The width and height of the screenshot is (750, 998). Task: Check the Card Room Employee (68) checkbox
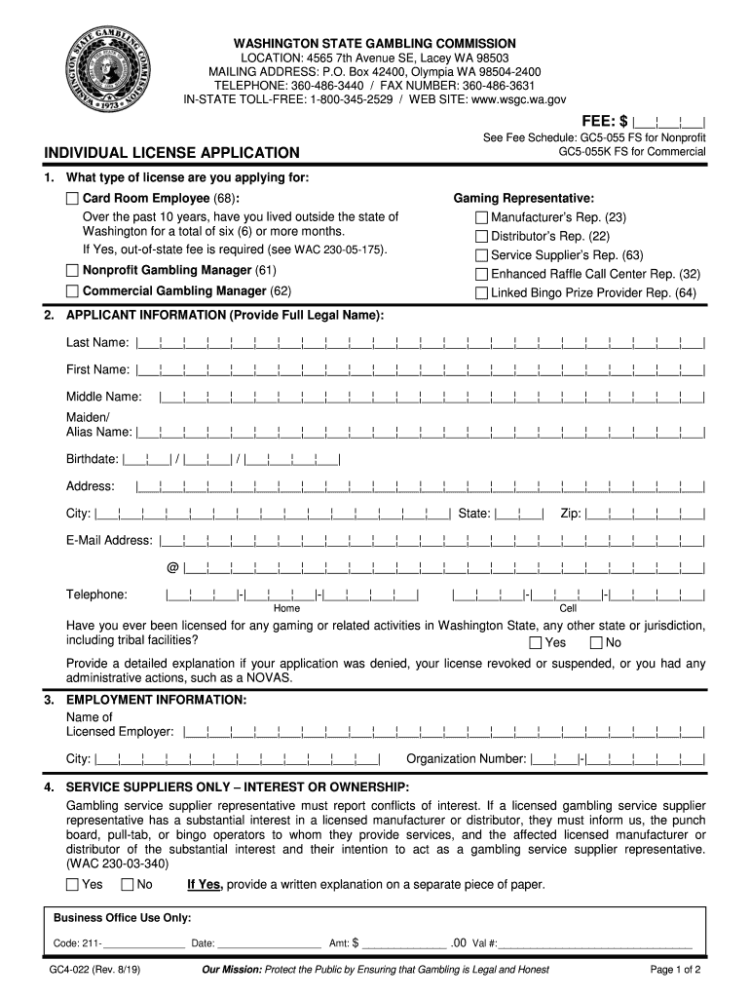72,199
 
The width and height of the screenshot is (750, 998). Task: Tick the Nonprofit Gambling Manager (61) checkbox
72,270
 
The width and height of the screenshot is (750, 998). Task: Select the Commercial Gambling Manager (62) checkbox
72,291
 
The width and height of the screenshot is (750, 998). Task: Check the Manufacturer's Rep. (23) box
481,217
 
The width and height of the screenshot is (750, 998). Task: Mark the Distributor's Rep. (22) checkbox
481,236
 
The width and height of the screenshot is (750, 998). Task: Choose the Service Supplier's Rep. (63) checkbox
481,255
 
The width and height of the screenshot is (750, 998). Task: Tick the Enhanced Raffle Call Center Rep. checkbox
481,274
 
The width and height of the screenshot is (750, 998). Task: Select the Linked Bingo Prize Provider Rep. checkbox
481,292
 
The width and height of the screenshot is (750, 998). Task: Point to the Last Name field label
97,342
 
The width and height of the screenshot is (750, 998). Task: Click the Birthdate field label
93,459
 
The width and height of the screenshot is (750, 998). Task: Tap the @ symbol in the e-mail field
172,567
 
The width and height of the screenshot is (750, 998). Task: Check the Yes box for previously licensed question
536,643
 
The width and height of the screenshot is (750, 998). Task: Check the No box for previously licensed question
596,643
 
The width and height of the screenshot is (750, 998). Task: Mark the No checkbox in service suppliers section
127,885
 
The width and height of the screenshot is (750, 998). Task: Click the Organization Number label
467,759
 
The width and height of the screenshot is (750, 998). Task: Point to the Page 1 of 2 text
675,970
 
